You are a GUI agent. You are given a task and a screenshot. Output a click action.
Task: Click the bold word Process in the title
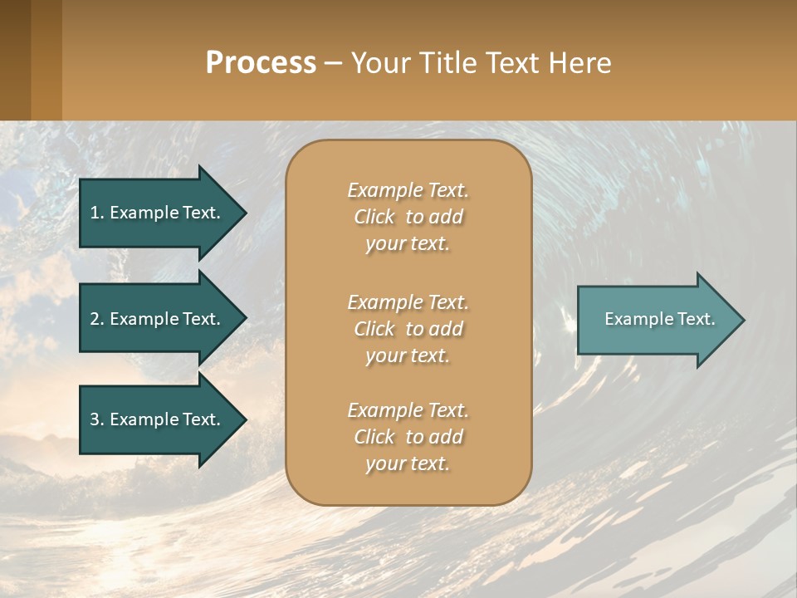tap(261, 63)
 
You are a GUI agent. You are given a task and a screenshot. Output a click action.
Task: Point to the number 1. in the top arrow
tap(96, 213)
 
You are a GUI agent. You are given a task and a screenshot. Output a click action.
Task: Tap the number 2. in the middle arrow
tap(97, 319)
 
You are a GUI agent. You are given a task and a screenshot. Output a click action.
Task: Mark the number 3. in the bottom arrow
tap(97, 419)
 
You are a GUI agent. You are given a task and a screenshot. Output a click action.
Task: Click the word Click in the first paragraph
tap(374, 218)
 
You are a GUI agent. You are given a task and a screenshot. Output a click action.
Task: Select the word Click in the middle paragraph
tap(374, 329)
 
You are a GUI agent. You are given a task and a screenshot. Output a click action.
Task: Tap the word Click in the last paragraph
tap(374, 437)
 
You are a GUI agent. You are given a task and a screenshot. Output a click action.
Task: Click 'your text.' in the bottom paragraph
tap(408, 464)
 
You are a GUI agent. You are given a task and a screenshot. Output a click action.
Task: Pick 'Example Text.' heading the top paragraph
tap(408, 190)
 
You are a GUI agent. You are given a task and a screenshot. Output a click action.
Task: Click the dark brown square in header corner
tap(15, 60)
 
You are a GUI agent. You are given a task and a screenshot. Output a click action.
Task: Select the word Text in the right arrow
tap(696, 319)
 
